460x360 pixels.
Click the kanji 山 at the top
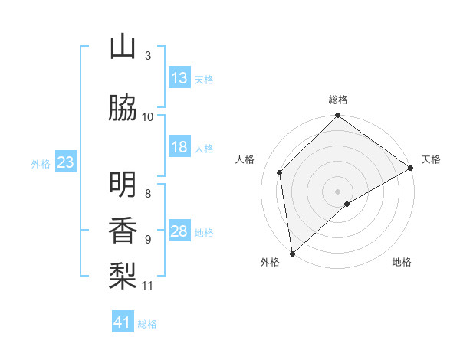point(123,47)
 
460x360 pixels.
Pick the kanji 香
point(123,231)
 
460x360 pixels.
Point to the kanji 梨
point(123,276)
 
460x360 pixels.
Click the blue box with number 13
point(179,78)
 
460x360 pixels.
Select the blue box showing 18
point(179,148)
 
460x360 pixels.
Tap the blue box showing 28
point(179,231)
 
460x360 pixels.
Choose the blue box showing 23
point(65,162)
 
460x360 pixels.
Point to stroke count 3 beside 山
point(148,56)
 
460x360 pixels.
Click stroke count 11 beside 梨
point(148,286)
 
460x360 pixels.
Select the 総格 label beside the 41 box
point(147,324)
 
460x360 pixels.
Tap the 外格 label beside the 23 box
point(41,163)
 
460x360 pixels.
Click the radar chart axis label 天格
point(431,159)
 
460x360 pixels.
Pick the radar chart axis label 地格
point(402,262)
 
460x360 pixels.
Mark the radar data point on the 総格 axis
point(337,116)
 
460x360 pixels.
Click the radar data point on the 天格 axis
point(411,168)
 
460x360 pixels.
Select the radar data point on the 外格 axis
point(292,253)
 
